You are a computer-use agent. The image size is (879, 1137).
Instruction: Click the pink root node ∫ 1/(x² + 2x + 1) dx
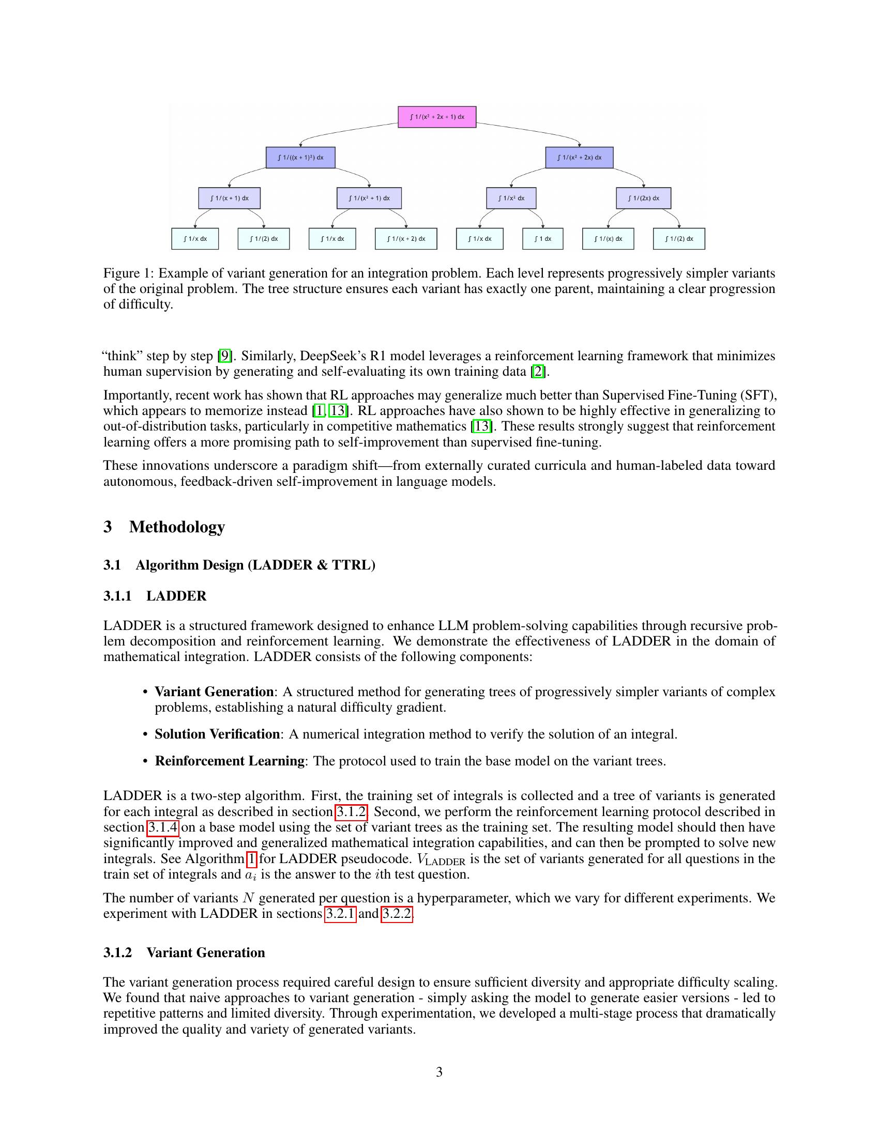tap(437, 117)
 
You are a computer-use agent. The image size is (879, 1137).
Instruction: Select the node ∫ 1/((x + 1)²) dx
tap(300, 157)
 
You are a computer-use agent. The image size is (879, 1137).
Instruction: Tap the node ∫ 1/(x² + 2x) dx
tap(579, 157)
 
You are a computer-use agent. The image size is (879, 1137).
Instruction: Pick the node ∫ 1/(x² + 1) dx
tap(369, 198)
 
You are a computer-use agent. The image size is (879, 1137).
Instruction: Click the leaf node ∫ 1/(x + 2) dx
tap(406, 239)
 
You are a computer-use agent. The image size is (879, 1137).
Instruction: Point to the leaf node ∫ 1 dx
tap(542, 239)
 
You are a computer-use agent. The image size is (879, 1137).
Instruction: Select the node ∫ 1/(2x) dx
tap(643, 198)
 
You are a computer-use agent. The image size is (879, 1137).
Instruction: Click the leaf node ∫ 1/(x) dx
tap(608, 239)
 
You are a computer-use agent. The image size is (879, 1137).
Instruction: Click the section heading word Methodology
tap(177, 527)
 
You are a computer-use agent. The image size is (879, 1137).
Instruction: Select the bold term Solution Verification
tap(217, 734)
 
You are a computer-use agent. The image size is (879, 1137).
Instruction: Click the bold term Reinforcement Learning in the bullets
tap(230, 761)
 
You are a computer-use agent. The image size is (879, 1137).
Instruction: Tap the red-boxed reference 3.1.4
tap(163, 827)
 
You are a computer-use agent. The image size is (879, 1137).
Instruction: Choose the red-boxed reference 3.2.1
tap(340, 914)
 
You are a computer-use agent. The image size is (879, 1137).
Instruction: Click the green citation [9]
tap(224, 356)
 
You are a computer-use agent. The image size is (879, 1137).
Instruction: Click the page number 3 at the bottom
tap(439, 1072)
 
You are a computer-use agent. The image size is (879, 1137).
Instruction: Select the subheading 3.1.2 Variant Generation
tap(184, 952)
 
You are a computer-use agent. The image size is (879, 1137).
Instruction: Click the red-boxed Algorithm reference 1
tap(251, 858)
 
